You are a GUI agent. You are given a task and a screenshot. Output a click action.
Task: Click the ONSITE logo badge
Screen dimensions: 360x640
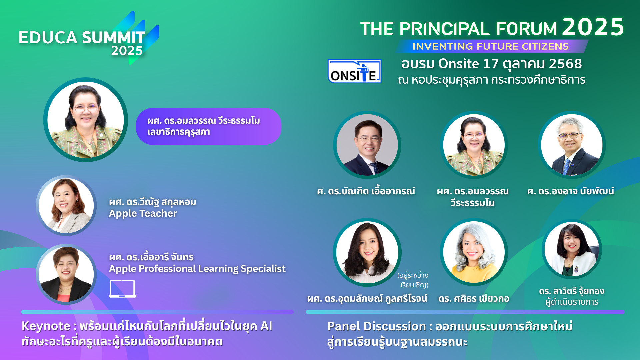(354, 71)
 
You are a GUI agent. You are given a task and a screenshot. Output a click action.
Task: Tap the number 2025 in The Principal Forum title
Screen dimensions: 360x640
(593, 27)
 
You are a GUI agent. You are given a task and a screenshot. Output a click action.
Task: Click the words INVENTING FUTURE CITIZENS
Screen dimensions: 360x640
(490, 46)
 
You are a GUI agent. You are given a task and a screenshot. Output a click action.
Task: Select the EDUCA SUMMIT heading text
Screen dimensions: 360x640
(82, 37)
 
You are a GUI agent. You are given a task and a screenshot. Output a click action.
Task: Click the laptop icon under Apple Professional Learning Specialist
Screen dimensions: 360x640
(123, 289)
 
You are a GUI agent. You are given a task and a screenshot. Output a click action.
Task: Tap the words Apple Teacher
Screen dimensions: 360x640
(143, 213)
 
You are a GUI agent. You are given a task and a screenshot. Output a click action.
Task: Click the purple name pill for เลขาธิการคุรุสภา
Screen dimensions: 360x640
(208, 126)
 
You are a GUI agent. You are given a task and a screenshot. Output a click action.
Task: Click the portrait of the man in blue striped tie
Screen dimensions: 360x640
(572, 145)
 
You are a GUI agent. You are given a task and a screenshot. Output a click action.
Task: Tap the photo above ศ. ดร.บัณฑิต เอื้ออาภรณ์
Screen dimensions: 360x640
(367, 145)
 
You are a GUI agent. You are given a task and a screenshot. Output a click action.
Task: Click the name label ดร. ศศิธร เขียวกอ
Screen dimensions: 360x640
(474, 298)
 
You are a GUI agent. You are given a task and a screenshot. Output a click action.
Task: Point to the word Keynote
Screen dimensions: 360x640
(46, 326)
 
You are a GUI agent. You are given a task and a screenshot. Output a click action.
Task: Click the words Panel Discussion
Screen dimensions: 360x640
(376, 326)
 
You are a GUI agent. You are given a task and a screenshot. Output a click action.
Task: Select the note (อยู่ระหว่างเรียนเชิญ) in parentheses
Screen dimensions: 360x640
(413, 280)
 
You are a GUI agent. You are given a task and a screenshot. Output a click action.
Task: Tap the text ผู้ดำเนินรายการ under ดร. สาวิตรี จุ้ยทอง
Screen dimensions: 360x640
(572, 302)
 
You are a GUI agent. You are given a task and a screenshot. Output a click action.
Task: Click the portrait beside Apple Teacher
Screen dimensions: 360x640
(66, 206)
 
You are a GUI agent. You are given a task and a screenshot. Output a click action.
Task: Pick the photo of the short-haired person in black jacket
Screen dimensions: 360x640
(66, 274)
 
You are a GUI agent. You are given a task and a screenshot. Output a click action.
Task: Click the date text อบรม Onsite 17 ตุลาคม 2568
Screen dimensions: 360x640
(491, 64)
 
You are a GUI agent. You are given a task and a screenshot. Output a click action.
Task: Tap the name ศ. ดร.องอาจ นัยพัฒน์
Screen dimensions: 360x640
(570, 191)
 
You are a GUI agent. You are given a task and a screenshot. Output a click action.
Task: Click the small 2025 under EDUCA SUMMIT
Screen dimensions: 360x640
(127, 51)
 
